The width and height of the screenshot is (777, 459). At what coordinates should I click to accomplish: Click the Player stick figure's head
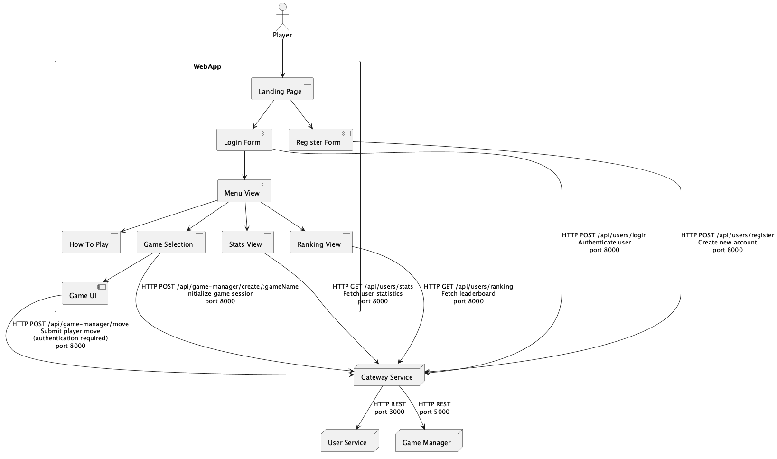[x=283, y=7]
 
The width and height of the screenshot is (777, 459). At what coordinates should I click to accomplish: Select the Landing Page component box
[x=282, y=89]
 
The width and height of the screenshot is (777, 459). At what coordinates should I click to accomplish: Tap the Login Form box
[x=244, y=140]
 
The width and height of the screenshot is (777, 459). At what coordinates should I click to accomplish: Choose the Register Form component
[x=321, y=140]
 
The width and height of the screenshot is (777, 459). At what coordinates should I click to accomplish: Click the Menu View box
[x=244, y=191]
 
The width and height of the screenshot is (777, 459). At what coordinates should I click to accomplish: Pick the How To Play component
[x=91, y=242]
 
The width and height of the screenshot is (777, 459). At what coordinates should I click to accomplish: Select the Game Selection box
[x=171, y=242]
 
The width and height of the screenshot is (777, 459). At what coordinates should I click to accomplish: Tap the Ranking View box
[x=321, y=242]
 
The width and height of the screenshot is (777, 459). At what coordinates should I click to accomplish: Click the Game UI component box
[x=85, y=293]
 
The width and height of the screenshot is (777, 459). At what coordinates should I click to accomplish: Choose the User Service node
[x=349, y=441]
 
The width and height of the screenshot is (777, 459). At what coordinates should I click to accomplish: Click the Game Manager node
[x=428, y=441]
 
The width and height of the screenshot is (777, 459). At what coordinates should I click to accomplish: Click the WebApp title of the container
[x=207, y=66]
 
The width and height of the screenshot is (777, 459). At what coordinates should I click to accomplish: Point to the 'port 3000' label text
[x=389, y=412]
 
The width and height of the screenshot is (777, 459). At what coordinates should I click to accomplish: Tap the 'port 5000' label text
[x=434, y=412]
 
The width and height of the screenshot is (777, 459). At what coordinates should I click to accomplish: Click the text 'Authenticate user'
[x=604, y=243]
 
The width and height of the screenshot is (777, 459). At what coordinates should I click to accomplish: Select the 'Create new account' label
[x=727, y=243]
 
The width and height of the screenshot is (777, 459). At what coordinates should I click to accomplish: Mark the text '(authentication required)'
[x=70, y=338]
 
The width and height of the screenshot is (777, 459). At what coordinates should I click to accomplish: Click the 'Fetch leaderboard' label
[x=468, y=294]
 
